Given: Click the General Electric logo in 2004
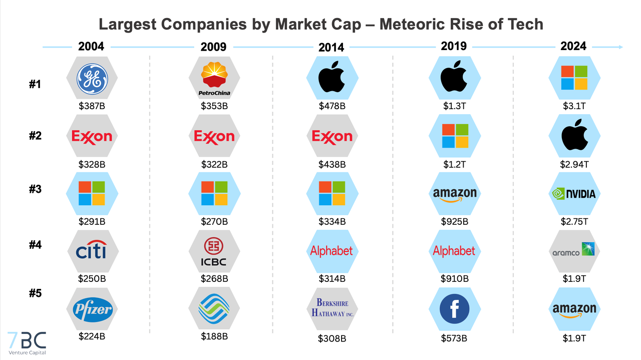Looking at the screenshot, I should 92,79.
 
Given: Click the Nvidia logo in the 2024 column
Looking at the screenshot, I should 574,193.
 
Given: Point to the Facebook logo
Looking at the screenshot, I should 455,309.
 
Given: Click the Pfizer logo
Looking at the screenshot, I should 92,309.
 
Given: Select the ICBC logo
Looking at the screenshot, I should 214,251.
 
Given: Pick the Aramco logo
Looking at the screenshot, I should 574,250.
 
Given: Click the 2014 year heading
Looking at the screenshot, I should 332,48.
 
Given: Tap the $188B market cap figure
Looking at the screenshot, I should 214,336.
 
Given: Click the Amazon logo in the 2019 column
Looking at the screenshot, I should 455,194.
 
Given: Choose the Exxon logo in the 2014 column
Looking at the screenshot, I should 332,136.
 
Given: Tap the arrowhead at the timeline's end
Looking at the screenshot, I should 621,47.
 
